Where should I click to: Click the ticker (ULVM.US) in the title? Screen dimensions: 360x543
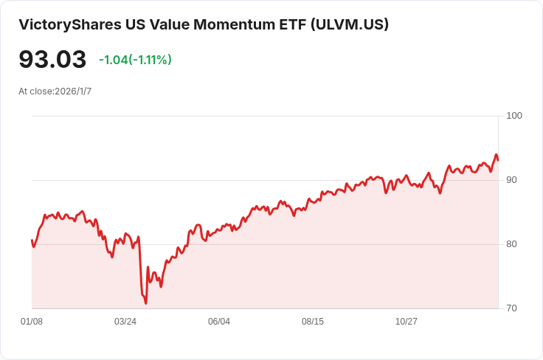(350, 25)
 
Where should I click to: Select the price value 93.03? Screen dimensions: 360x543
(52, 60)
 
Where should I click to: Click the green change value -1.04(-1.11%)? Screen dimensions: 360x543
(135, 60)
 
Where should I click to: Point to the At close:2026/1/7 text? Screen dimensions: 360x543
(55, 91)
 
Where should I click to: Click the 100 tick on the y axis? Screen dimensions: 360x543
(514, 116)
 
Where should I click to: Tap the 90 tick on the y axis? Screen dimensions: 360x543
(511, 180)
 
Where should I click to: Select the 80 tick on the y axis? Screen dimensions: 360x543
(511, 244)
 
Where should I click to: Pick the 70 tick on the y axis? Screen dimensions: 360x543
(511, 308)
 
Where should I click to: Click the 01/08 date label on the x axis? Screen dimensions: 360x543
(32, 322)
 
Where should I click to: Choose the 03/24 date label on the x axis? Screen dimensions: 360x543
(125, 322)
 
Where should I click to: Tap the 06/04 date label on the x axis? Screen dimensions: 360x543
(219, 322)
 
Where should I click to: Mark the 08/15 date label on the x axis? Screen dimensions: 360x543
(313, 322)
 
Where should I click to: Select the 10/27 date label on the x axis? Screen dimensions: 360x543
(407, 322)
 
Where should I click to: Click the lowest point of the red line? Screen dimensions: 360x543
(146, 302)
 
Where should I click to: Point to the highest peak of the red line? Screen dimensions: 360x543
(497, 155)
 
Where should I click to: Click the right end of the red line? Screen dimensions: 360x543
(498, 160)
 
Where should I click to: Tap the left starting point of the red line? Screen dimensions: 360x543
(32, 240)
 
